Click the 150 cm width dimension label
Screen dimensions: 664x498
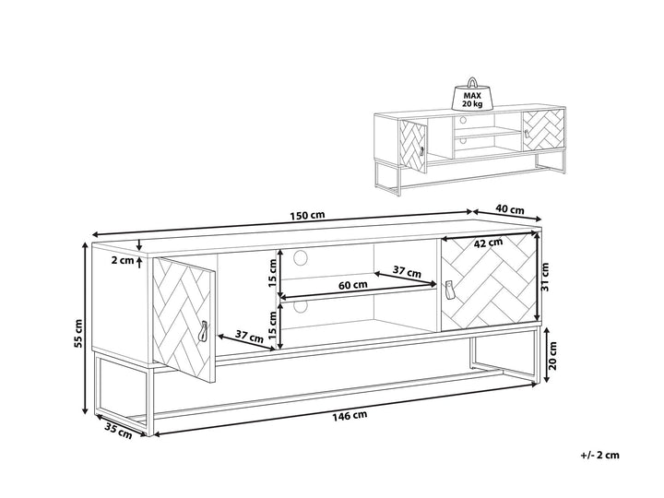[x=307, y=215]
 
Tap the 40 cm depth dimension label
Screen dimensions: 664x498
[x=510, y=210]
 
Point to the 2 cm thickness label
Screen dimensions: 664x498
[x=123, y=260]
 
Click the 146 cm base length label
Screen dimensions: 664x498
[x=350, y=416]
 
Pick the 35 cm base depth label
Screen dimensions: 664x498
[x=118, y=432]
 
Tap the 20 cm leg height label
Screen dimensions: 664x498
[x=552, y=355]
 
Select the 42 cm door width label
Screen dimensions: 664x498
[x=488, y=243]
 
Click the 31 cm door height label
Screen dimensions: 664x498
[x=545, y=277]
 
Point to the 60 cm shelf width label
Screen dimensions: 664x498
[x=352, y=285]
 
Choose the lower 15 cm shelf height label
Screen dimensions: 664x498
[x=272, y=324]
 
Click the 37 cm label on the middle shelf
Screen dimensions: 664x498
[x=407, y=271]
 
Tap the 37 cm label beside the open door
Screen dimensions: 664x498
[x=249, y=337]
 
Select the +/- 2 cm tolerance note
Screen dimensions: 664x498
[x=599, y=456]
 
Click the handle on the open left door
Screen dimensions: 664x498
[x=204, y=331]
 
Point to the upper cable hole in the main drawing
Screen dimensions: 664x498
[x=301, y=257]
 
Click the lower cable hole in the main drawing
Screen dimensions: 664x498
[x=301, y=306]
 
